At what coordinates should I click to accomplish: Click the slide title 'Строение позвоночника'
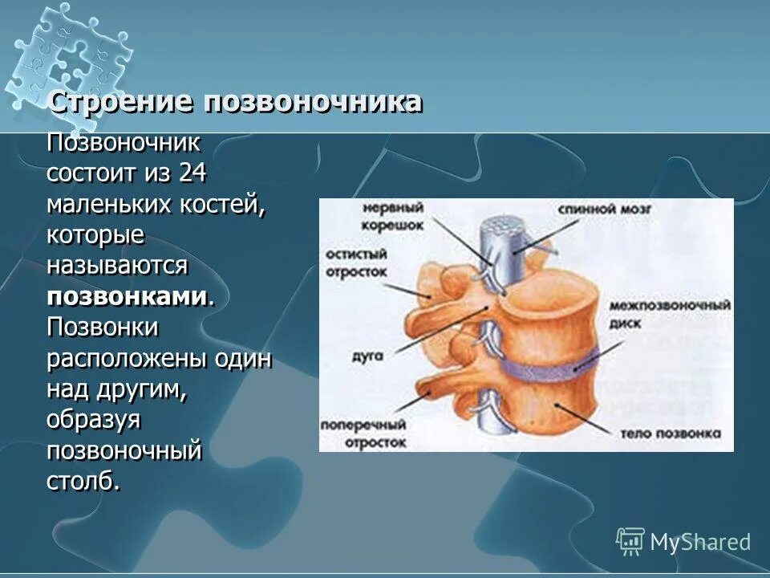(235, 103)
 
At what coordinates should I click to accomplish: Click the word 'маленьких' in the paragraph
(104, 204)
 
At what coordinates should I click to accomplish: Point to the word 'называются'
(117, 265)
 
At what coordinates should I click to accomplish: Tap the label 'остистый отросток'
(356, 263)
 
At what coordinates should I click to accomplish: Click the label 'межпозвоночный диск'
(669, 313)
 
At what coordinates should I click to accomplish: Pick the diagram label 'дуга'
(365, 352)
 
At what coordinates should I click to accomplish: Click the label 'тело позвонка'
(665, 433)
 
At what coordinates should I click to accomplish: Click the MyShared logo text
(699, 542)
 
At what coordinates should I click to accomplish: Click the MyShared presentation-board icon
(630, 541)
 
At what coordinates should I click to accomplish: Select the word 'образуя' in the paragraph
(93, 419)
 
